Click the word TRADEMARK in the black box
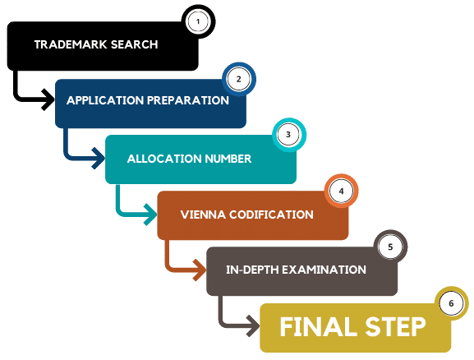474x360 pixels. click(71, 44)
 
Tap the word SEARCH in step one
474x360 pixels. click(135, 44)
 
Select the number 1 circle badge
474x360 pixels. click(198, 21)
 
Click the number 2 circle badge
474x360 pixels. click(239, 79)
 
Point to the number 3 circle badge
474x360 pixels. click(289, 135)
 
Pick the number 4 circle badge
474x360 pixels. click(341, 192)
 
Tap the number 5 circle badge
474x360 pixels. click(390, 247)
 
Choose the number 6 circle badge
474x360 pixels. click(452, 303)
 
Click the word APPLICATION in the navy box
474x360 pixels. click(105, 100)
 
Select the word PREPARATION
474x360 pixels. click(188, 100)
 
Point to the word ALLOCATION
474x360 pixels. click(164, 159)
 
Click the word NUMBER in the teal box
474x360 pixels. click(228, 159)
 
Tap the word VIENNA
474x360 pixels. click(203, 215)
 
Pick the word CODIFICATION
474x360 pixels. click(271, 215)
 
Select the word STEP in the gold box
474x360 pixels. click(395, 327)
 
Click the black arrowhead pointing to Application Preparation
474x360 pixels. click(48, 99)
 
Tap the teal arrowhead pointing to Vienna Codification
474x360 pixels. click(150, 215)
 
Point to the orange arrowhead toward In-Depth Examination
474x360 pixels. click(200, 270)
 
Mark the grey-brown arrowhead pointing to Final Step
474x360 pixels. click(253, 326)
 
